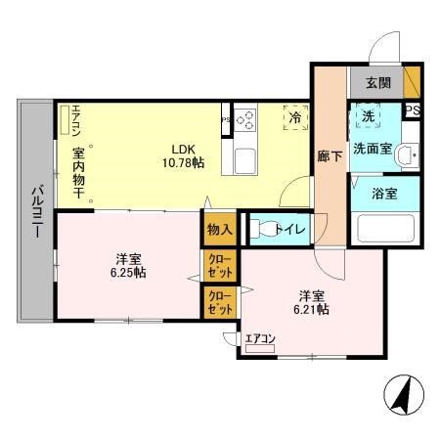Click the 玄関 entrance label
click(377, 82)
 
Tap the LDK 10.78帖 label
click(184, 156)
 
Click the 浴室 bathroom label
click(383, 193)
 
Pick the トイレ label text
click(290, 230)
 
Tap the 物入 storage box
click(220, 230)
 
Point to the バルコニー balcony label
click(34, 209)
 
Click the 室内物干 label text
click(78, 175)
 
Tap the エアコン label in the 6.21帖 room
click(261, 338)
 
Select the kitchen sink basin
click(245, 160)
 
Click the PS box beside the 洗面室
click(412, 110)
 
